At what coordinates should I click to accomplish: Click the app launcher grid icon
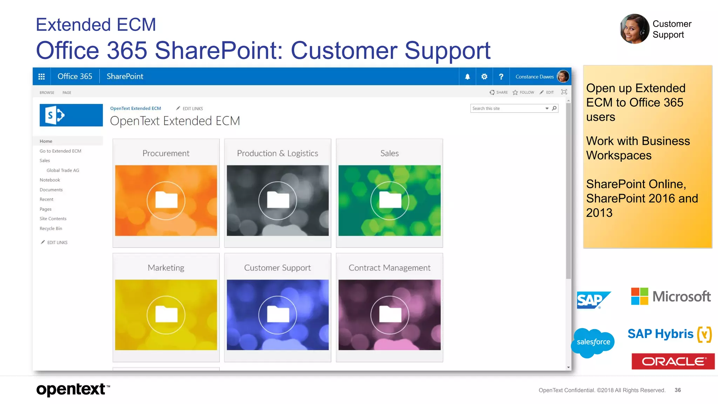(41, 76)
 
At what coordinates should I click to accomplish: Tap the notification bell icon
(467, 76)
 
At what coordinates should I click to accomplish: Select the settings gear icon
(484, 76)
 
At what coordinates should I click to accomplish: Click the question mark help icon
(501, 76)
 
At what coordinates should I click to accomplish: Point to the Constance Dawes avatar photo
(563, 76)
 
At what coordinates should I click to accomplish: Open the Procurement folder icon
(166, 200)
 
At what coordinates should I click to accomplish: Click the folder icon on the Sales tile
(390, 200)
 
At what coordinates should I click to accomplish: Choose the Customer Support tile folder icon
(278, 315)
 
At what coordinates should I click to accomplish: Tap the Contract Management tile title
(390, 268)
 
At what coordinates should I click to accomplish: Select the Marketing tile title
(166, 268)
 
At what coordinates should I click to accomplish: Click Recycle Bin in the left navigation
(51, 229)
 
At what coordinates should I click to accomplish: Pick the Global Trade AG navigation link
(63, 170)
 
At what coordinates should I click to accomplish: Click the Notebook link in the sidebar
(50, 180)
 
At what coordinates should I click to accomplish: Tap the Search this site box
(507, 108)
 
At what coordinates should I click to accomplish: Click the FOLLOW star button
(523, 92)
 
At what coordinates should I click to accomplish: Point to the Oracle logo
(673, 361)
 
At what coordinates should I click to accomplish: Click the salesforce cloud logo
(593, 342)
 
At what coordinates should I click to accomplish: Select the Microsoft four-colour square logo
(639, 296)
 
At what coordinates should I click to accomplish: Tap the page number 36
(678, 390)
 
